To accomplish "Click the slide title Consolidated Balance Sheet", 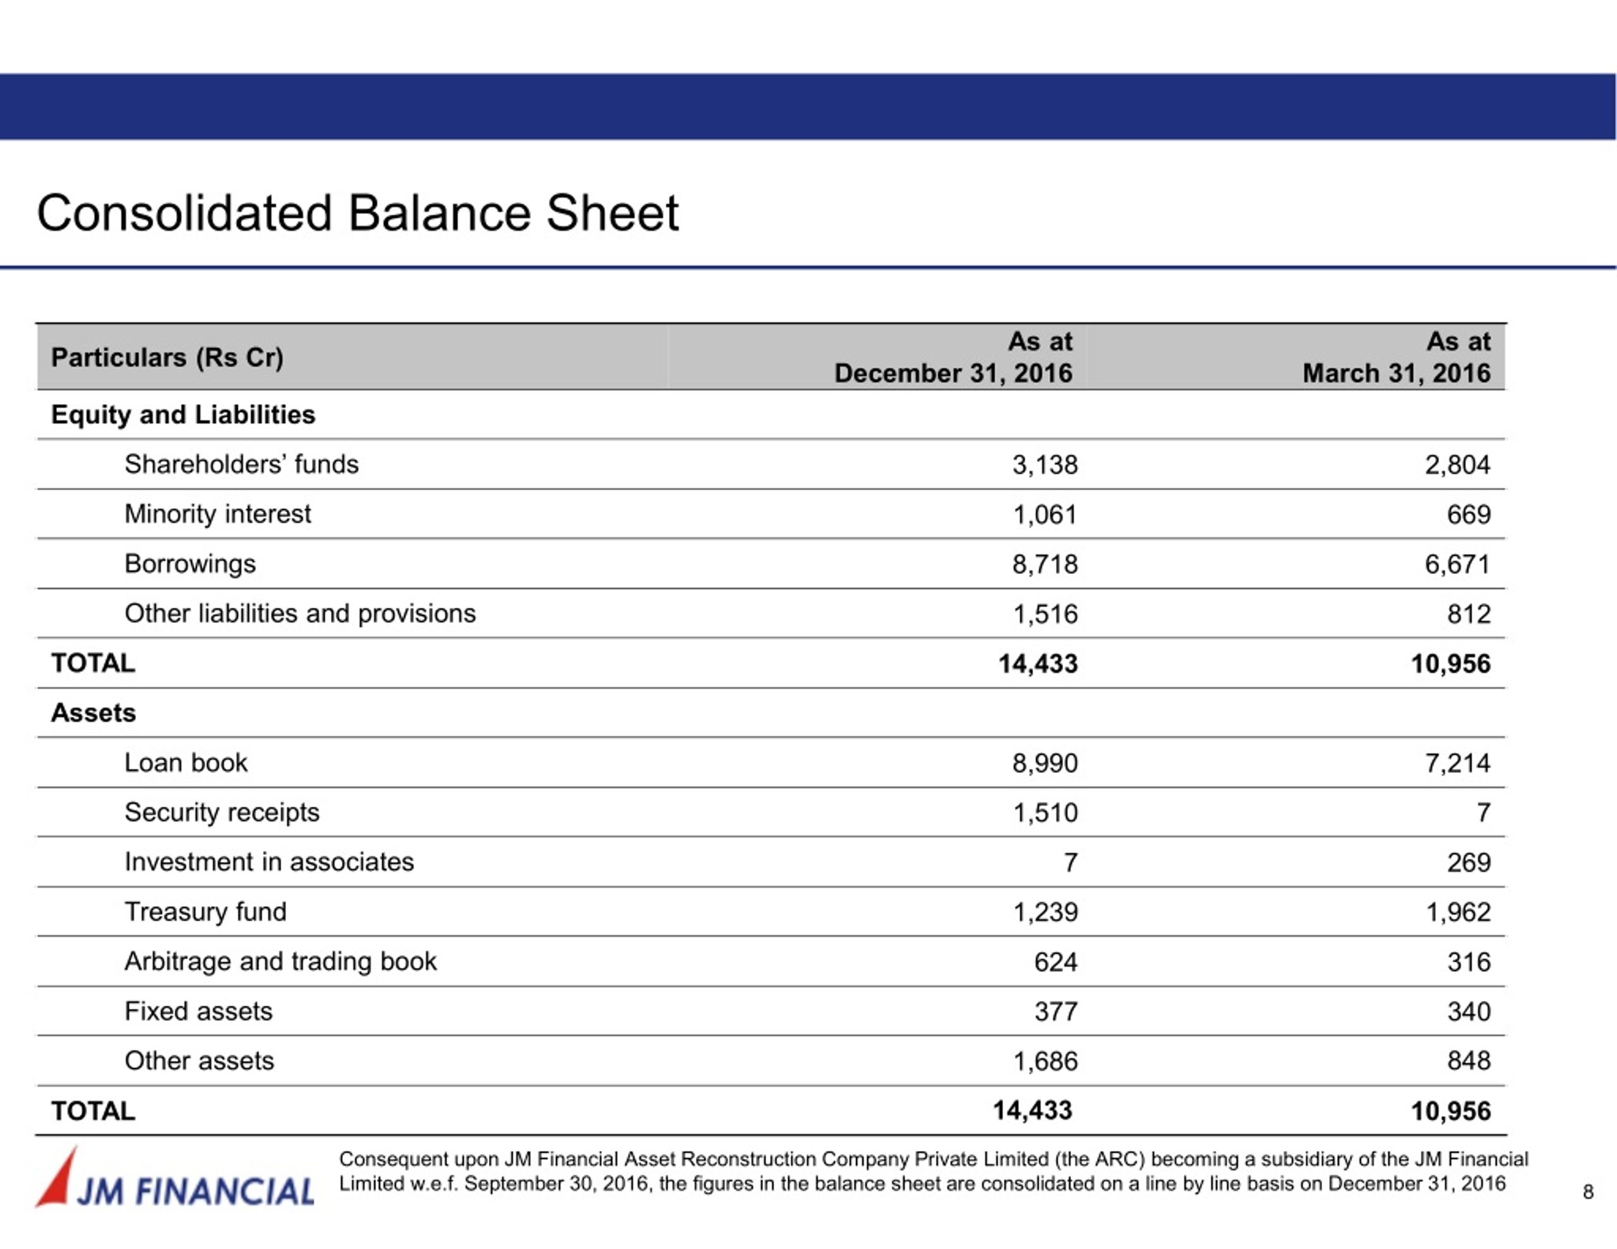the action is click(358, 213).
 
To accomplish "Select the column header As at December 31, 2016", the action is click(954, 357).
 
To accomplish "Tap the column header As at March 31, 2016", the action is click(1397, 357).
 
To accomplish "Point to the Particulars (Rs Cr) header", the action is click(167, 357).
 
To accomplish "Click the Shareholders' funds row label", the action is click(241, 464).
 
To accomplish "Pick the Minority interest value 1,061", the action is click(1045, 515).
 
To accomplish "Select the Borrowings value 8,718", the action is click(1045, 564).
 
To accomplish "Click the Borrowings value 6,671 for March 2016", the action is click(1457, 564).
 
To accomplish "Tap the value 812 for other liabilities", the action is click(1469, 614).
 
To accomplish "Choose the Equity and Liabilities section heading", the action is click(183, 415).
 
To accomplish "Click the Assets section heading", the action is click(93, 713).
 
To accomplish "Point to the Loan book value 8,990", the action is click(1045, 763).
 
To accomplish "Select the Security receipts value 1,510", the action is click(1045, 813).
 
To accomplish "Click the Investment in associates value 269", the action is click(1469, 863).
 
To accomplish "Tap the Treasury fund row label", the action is click(205, 911).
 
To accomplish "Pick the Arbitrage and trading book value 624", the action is click(1056, 962).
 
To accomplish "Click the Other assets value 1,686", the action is click(1045, 1061).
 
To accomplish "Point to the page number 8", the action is click(1587, 1192).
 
